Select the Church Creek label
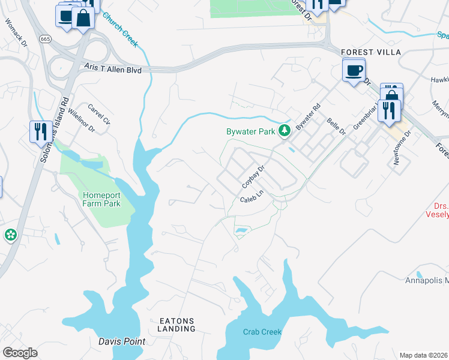[120, 30]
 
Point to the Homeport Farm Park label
[101, 199]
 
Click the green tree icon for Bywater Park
[286, 130]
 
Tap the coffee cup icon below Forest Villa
[353, 71]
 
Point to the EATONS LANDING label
[177, 325]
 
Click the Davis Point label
[121, 341]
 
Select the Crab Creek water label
[262, 332]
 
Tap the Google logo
[20, 352]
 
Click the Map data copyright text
[424, 355]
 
